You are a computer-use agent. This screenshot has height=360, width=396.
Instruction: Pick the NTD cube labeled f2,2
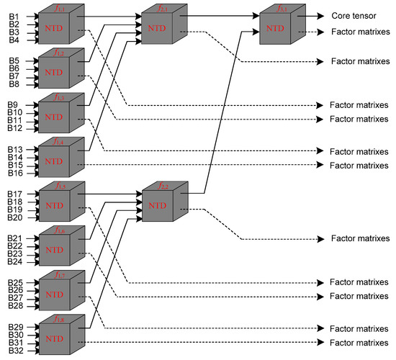point(161,206)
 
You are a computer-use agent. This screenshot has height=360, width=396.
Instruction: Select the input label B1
point(14,16)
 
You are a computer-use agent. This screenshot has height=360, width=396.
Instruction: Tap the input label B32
point(15,351)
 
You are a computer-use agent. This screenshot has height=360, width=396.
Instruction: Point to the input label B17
point(15,194)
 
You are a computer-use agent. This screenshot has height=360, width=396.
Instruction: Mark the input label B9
point(14,105)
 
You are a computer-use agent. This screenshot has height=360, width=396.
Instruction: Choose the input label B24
point(15,261)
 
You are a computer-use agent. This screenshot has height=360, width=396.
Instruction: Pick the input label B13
point(15,149)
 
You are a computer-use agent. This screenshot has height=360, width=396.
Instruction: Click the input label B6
point(14,68)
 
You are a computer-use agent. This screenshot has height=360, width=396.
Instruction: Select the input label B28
point(15,306)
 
